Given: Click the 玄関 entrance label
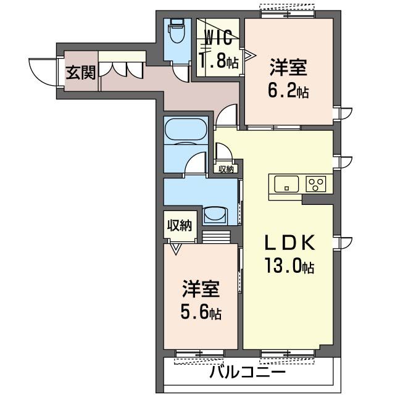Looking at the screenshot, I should (81, 73).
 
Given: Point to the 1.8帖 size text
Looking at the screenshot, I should (218, 61).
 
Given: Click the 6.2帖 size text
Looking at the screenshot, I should (288, 91).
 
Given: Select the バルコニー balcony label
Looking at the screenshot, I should (247, 373).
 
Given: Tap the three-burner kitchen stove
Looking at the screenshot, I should (317, 183).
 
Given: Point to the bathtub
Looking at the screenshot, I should (185, 130).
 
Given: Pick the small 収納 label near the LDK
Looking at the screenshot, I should (227, 168).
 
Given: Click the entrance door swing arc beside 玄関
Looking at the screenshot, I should (39, 72).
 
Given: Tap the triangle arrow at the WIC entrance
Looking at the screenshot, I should (249, 55).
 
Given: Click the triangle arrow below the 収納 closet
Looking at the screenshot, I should (176, 249).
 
